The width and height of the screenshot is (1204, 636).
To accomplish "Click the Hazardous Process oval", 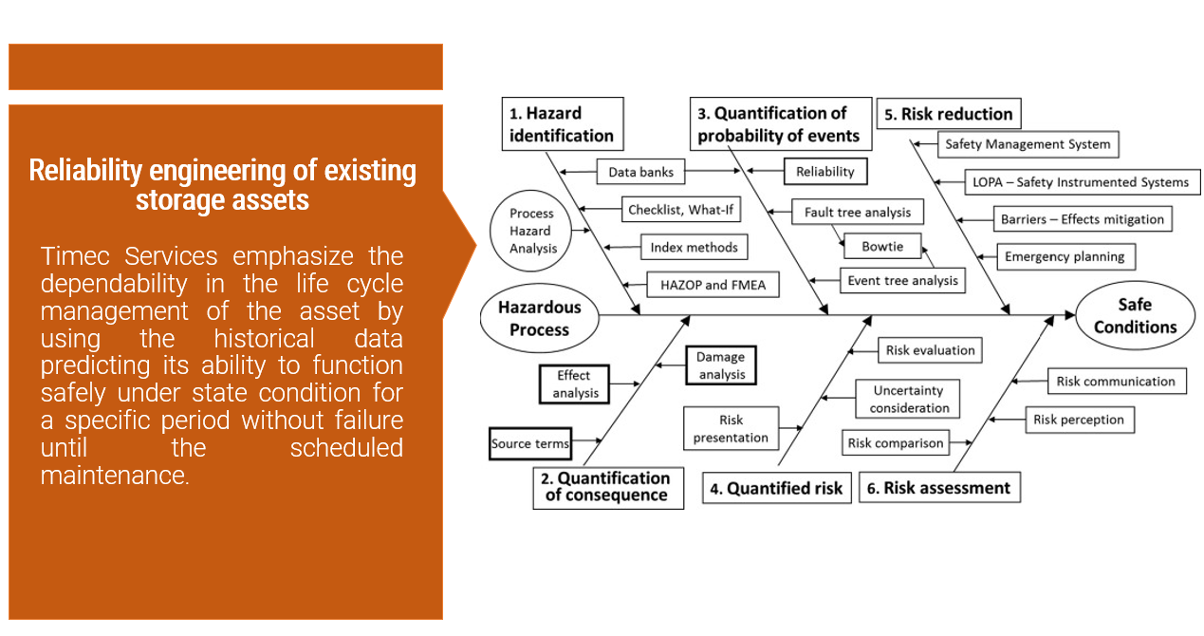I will click(x=539, y=318).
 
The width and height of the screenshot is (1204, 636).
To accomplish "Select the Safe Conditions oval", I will click(x=1135, y=316).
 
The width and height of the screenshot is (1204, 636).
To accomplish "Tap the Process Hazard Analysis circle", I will click(x=531, y=231).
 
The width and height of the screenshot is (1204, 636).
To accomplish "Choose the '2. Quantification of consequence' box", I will click(x=607, y=487).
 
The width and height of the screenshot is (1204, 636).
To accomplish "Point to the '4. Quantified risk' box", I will click(x=776, y=489).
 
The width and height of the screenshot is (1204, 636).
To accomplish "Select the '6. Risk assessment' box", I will click(x=938, y=488).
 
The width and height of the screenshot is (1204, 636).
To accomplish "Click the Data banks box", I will click(x=640, y=173).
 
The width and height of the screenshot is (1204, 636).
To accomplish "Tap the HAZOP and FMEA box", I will click(x=713, y=285).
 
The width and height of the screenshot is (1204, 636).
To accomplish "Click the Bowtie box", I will click(x=882, y=247).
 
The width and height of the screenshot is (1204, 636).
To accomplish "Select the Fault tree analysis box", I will click(x=858, y=212).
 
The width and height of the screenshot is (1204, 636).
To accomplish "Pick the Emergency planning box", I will click(x=1065, y=256).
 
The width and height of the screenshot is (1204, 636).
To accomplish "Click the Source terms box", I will click(x=530, y=443).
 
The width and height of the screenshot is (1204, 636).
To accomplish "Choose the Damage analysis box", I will click(x=721, y=365).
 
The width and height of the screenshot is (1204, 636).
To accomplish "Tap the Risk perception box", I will click(x=1079, y=420).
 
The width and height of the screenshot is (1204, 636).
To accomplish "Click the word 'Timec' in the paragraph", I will click(x=78, y=256).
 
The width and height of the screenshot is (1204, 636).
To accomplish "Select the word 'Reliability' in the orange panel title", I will click(x=87, y=171).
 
